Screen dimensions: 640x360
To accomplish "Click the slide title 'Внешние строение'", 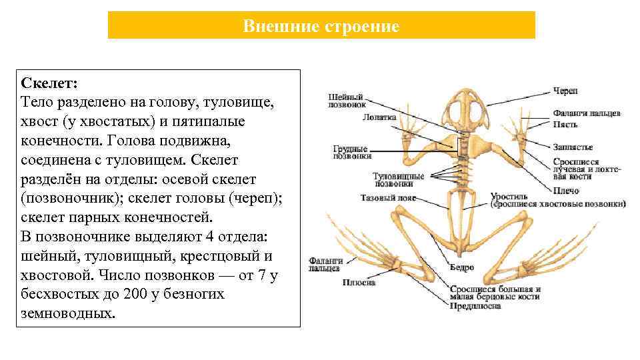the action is (321, 27).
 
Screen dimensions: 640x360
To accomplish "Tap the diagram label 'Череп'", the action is (565, 91).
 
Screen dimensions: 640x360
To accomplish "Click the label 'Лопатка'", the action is (379, 117).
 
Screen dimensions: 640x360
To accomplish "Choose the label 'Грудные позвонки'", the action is (352, 151).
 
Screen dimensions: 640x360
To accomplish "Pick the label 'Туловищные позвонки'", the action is (398, 179).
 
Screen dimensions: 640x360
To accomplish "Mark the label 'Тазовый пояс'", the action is (388, 198).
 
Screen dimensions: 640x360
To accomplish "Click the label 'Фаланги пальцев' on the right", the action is (586, 113).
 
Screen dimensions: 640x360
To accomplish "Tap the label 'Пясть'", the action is (565, 125).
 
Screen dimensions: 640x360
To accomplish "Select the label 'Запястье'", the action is (572, 147).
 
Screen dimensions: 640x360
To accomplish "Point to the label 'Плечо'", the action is (565, 191).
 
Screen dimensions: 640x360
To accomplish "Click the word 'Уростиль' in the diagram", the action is (509, 197).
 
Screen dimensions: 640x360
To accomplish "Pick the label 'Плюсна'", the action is (359, 283).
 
